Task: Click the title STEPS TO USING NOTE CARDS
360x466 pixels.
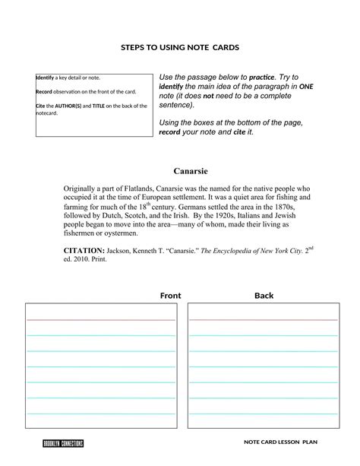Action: pos(180,47)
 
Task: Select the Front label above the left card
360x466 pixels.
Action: pos(170,295)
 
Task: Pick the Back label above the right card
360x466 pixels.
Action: pos(264,295)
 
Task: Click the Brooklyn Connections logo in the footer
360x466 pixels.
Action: pos(62,443)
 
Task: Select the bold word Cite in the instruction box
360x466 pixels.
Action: pos(41,106)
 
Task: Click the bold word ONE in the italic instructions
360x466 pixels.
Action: pos(306,87)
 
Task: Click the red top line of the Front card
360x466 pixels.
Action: pos(101,320)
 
